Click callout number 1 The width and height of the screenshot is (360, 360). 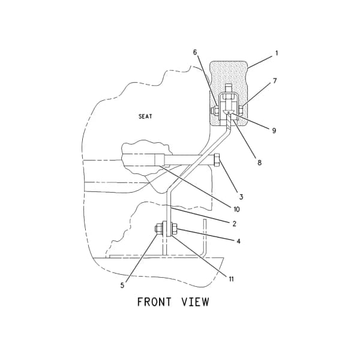tap(277, 53)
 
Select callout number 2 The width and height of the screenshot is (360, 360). tap(234, 224)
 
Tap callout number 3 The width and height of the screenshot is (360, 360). tap(241, 197)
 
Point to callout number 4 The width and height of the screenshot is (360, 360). tap(239, 241)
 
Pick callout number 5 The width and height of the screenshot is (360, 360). tap(122, 286)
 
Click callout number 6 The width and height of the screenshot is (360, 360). tap(195, 52)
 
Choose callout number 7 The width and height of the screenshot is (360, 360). tap(275, 81)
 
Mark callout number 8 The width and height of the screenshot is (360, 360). tap(259, 163)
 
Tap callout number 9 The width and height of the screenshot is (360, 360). tap(274, 131)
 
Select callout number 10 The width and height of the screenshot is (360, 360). tap(236, 209)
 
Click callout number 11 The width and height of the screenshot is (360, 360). tap(231, 279)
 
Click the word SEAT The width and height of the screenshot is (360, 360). tap(145, 116)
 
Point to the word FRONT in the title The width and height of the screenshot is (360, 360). tap(154, 302)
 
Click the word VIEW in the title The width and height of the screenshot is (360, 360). tap(196, 302)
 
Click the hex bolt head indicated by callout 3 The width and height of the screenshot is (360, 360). tap(217, 160)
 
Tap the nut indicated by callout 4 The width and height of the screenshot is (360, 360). tap(174, 229)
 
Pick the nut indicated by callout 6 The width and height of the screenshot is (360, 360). tap(215, 110)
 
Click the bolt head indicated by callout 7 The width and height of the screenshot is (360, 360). tap(241, 110)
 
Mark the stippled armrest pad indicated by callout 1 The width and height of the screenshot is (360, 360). tap(229, 73)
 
